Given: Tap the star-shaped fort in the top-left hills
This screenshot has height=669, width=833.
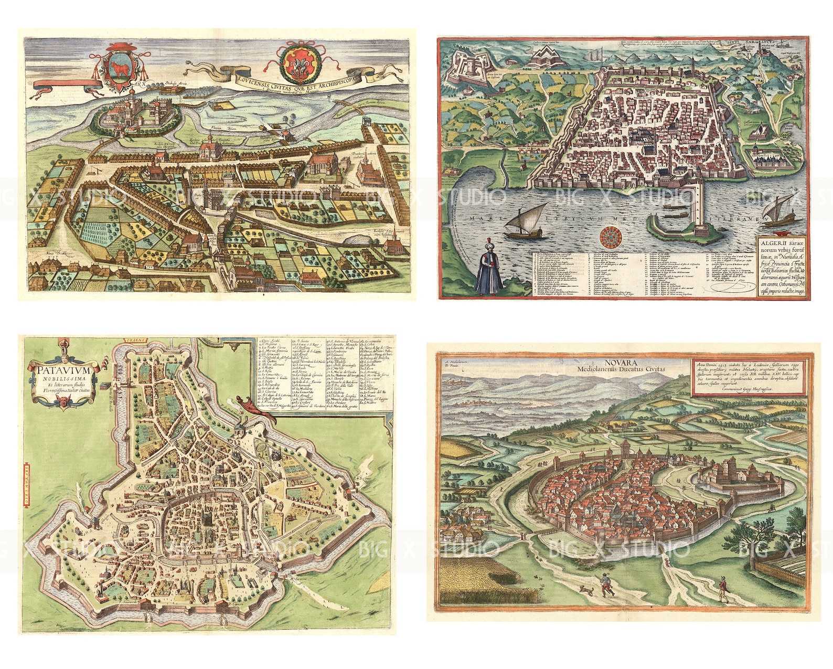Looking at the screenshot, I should point(551,58).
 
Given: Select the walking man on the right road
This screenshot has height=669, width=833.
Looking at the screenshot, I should point(722,589).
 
